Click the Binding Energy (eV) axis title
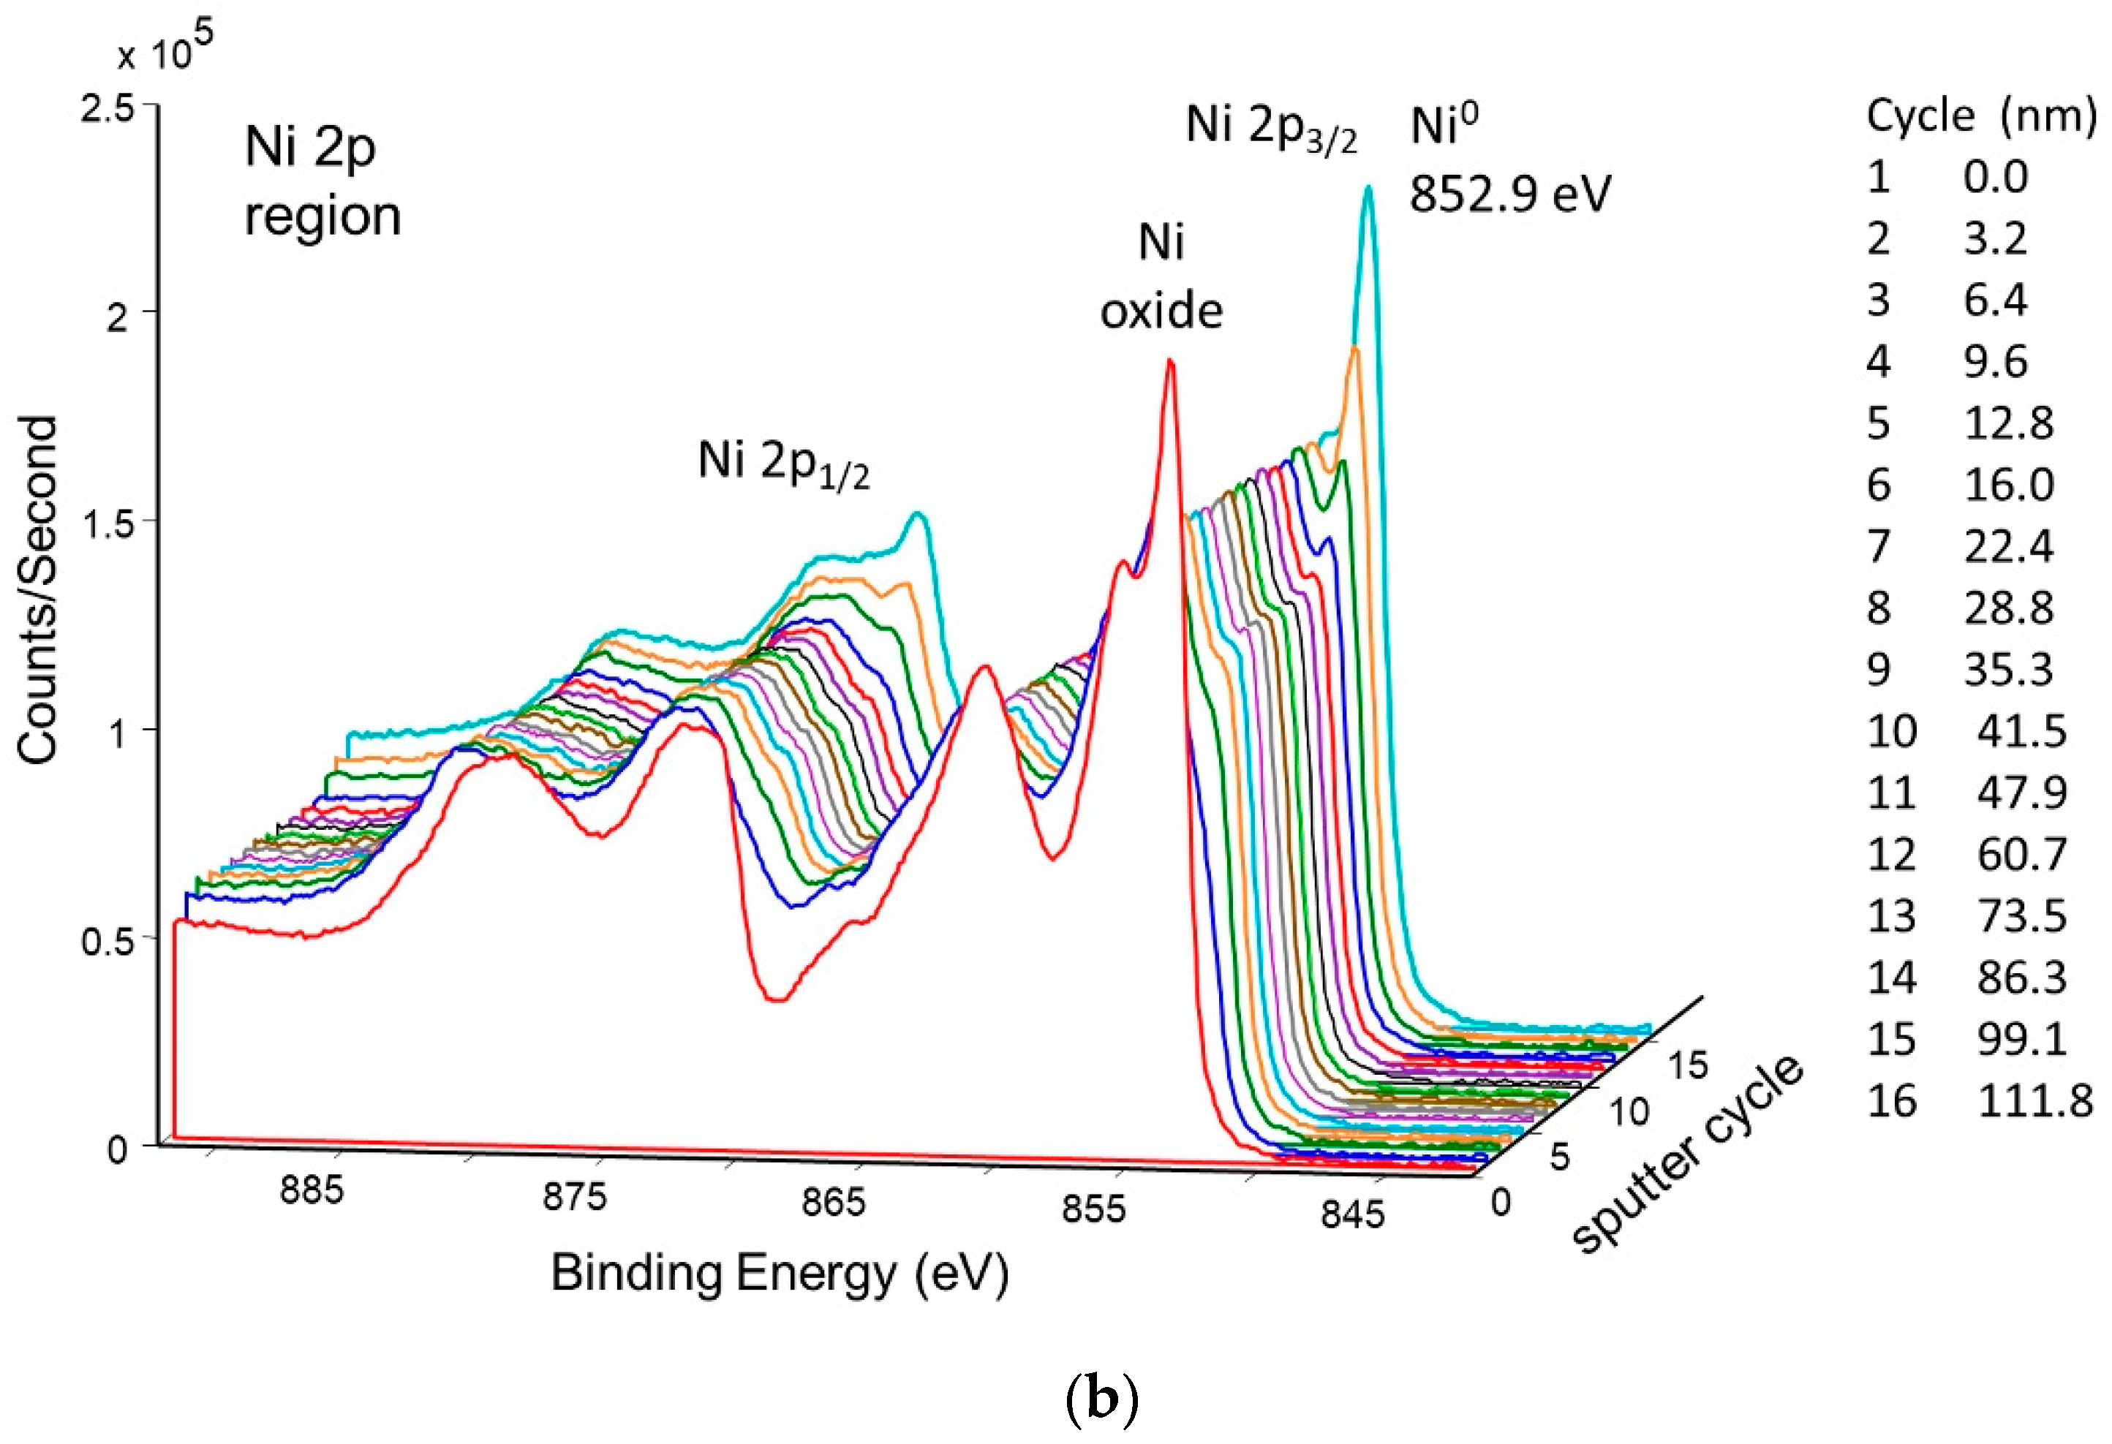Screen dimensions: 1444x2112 (780, 1273)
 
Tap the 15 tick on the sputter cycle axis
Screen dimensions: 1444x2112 (1688, 1065)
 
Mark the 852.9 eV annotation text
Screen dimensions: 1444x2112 (1509, 194)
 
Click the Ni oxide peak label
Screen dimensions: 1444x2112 (1161, 277)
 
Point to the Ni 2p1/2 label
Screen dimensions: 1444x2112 (783, 464)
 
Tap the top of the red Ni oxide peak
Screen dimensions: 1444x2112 (1171, 362)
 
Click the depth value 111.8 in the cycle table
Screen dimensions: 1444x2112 (2034, 1101)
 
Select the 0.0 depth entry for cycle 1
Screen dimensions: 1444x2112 (1995, 176)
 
